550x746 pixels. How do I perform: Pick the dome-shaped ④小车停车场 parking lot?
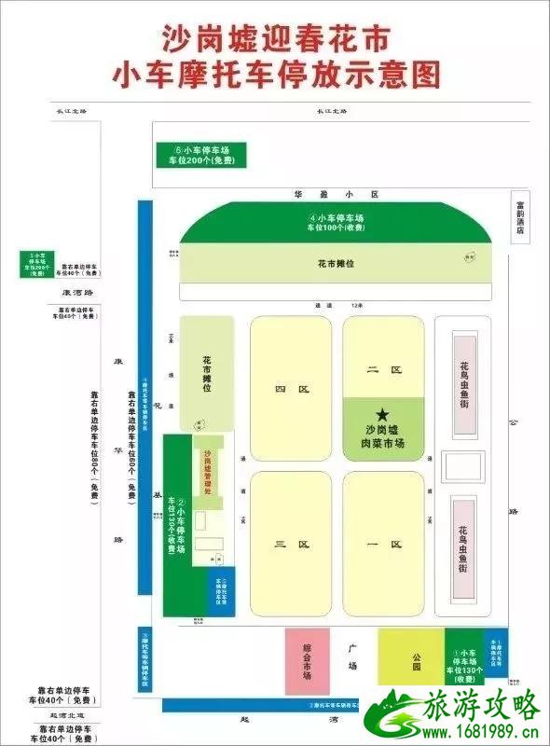pos(335,224)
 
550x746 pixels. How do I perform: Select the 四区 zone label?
pos(291,389)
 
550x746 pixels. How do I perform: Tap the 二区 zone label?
pos(383,370)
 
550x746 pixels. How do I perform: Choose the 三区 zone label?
pos(291,544)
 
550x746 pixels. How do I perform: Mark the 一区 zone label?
pos(383,544)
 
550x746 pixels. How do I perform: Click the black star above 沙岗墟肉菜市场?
pos(382,413)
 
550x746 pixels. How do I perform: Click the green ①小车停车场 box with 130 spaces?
pos(464,663)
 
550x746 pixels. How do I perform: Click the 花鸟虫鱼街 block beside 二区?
pos(464,384)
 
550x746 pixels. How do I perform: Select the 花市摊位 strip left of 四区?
pos(206,373)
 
